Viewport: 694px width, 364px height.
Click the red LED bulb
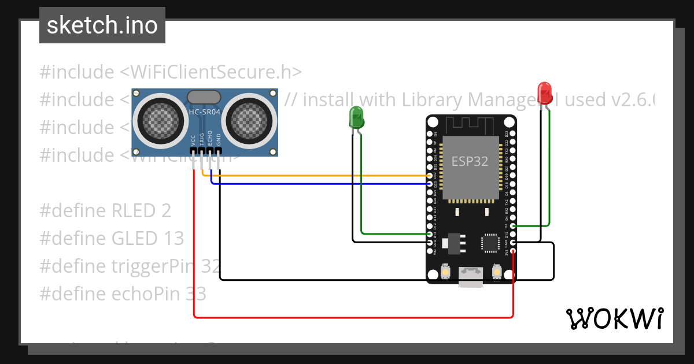[544, 92]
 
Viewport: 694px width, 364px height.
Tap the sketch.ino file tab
[102, 25]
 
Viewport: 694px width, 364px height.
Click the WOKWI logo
[614, 318]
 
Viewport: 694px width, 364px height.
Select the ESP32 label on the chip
[470, 161]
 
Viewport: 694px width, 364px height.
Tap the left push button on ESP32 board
[446, 271]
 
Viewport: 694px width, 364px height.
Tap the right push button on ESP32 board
[496, 271]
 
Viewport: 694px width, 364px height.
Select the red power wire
[347, 317]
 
